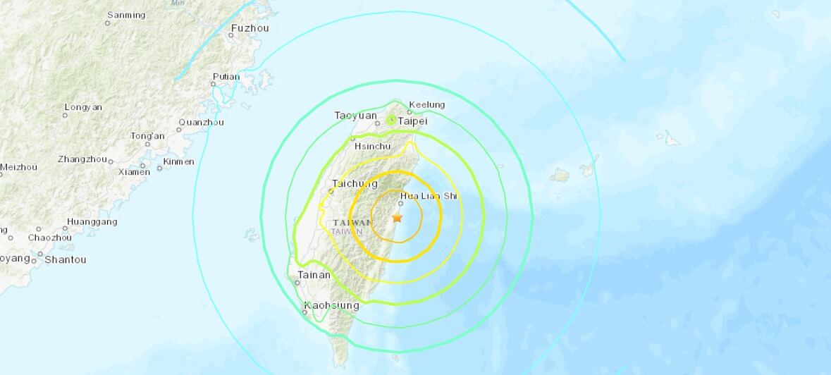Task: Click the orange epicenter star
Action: (397, 218)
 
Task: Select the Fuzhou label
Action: (250, 29)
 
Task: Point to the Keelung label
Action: (427, 105)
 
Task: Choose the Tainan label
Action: (314, 275)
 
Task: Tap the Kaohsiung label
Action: (331, 306)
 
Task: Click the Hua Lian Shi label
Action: (429, 196)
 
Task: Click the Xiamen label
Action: (134, 172)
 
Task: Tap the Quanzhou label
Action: (201, 122)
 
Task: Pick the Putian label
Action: (226, 77)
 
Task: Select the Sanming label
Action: (126, 15)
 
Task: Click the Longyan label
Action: (83, 107)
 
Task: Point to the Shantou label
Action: (65, 259)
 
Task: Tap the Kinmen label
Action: (178, 161)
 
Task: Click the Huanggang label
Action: (92, 221)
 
